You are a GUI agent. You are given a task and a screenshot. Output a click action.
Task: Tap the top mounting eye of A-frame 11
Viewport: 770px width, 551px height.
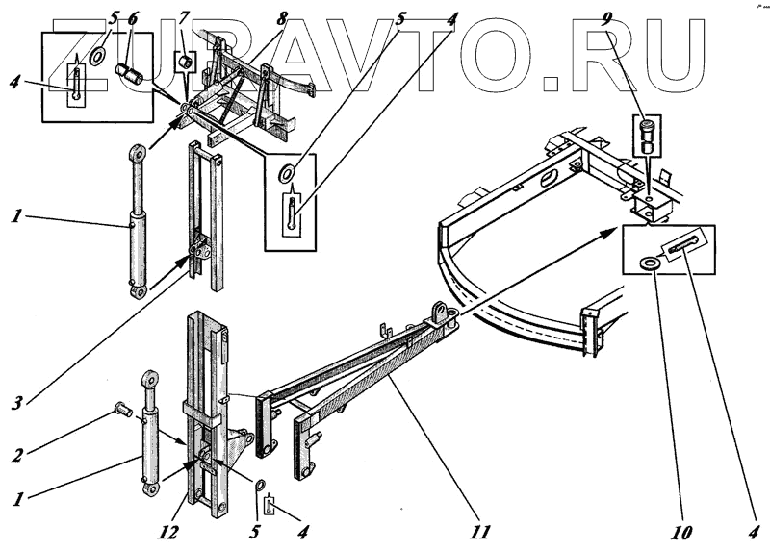click(442, 313)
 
